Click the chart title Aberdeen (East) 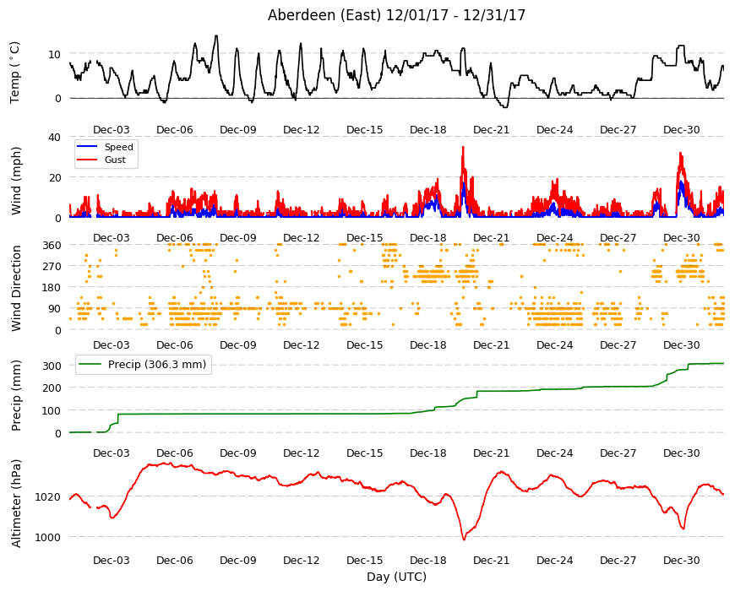[324, 15]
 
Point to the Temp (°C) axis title [15, 72]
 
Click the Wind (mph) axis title [16, 181]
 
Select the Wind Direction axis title [16, 289]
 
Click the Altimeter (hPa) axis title [16, 503]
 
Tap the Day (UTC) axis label [396, 577]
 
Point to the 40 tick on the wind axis [54, 138]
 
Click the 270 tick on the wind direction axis [52, 267]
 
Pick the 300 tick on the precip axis [52, 366]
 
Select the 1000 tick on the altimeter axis [48, 537]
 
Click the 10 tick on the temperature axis [54, 54]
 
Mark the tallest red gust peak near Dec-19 [463, 147]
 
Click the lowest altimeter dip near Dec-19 [464, 539]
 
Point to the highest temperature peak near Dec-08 [215, 36]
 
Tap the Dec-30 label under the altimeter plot [681, 560]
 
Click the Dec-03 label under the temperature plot [111, 130]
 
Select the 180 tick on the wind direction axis [52, 288]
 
